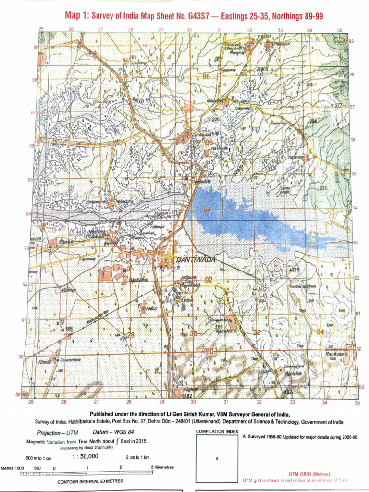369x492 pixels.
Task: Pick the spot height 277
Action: click(337, 105)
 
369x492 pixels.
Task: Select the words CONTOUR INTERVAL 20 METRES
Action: click(90, 481)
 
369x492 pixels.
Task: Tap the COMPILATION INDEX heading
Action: click(217, 432)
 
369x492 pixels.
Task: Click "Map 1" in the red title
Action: click(77, 17)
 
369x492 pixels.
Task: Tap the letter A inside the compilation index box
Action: click(217, 458)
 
